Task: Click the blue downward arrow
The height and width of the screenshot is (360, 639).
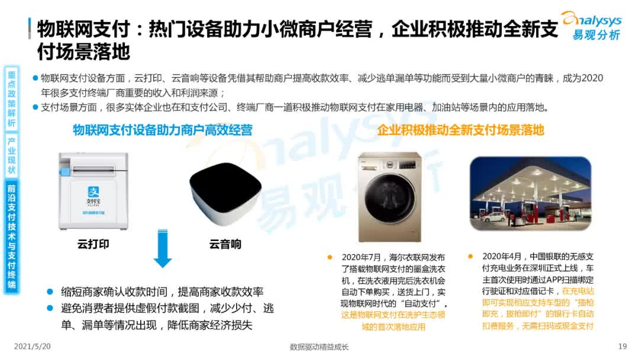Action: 163,249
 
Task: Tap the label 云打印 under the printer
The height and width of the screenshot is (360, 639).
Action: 93,244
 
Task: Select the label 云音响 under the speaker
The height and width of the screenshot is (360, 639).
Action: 225,244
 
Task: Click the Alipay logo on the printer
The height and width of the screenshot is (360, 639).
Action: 93,193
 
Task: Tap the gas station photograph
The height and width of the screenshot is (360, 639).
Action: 530,193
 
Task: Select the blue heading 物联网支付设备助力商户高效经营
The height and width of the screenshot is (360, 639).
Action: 163,130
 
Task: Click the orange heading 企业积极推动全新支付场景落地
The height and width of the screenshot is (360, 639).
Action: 460,130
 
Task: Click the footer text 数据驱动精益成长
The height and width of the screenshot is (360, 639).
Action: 319,347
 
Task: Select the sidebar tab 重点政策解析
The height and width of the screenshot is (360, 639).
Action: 12,98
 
